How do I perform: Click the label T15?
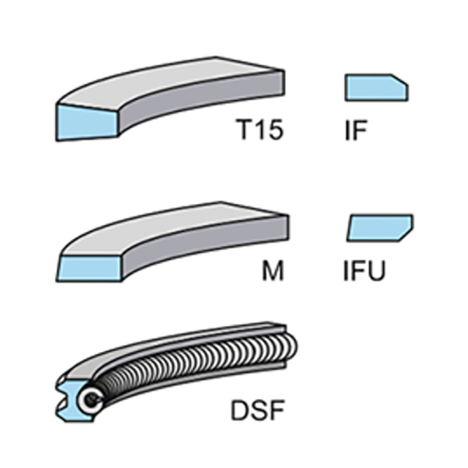coord(260,129)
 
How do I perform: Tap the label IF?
coord(355,130)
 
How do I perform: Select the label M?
coord(273,271)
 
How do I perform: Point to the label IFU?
coord(364,271)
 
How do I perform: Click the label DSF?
coord(257,411)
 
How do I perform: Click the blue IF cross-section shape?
coord(377,88)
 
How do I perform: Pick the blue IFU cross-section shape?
coord(380,227)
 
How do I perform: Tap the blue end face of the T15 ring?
coord(86,122)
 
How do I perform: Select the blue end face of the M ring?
coord(89,268)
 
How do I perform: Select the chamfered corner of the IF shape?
coord(400,80)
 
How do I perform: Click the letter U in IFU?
coord(377,271)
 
